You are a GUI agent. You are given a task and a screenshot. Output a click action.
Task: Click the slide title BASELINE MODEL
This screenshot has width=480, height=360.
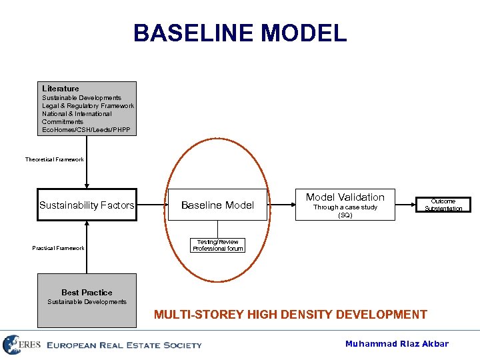tap(240, 33)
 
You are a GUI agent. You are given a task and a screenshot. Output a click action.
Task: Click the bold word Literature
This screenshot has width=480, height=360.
tap(60, 89)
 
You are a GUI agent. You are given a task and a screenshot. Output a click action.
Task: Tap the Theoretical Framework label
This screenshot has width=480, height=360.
tap(55, 160)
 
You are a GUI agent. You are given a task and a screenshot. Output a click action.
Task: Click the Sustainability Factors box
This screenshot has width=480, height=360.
tap(87, 205)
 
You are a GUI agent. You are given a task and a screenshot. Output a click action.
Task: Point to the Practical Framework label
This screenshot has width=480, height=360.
tap(59, 248)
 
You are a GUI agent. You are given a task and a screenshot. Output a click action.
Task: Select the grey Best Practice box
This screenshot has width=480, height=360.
tap(87, 300)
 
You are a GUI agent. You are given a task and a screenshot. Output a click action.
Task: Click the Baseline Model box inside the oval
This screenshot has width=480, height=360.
tap(217, 205)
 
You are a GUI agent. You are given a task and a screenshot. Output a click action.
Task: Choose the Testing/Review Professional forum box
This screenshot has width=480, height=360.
tap(217, 245)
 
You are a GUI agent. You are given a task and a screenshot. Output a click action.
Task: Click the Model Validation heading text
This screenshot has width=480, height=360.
tap(345, 197)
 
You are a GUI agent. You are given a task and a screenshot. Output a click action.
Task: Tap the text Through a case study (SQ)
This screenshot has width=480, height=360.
tap(345, 211)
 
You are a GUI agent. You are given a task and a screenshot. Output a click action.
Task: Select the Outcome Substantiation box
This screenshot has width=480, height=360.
tap(443, 205)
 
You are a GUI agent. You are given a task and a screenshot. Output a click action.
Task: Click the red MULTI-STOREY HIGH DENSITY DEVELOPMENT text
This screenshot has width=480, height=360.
tap(291, 315)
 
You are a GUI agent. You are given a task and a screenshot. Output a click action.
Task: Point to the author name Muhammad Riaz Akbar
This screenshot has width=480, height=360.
tap(397, 344)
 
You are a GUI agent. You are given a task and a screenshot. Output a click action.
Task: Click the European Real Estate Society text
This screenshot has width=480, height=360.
tap(124, 345)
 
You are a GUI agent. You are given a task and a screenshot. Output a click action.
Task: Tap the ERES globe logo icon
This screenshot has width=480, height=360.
tap(11, 345)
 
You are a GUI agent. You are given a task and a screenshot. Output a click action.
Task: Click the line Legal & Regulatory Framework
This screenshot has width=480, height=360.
tap(88, 106)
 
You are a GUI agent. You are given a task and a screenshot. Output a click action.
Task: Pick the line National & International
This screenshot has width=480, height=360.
tap(77, 114)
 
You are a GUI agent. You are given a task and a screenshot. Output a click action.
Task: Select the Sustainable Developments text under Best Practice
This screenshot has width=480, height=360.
tap(87, 302)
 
